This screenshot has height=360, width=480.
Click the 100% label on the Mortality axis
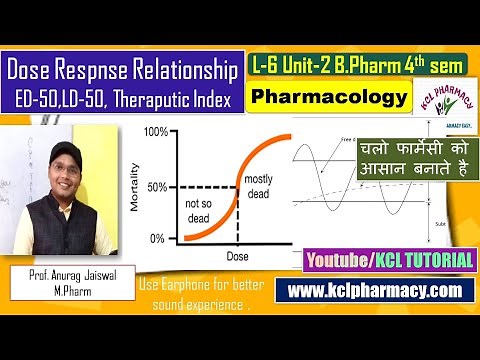pyautogui.click(x=156, y=132)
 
